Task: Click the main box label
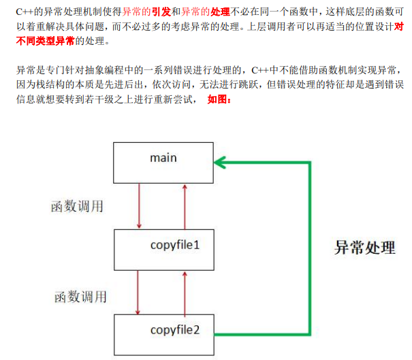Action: pyautogui.click(x=163, y=158)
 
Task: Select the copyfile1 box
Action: pyautogui.click(x=164, y=249)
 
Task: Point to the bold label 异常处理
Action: pyautogui.click(x=364, y=246)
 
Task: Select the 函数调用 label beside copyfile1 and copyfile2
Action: pyautogui.click(x=80, y=297)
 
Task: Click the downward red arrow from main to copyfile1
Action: pyautogui.click(x=139, y=205)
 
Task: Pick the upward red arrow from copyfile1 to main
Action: pyautogui.click(x=185, y=205)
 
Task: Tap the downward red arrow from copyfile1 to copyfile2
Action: pyautogui.click(x=139, y=292)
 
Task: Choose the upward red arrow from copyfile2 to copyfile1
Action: pyautogui.click(x=185, y=292)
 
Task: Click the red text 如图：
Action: pyautogui.click(x=220, y=99)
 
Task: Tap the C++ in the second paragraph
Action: pyautogui.click(x=262, y=70)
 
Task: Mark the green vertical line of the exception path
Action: pyautogui.click(x=311, y=248)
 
